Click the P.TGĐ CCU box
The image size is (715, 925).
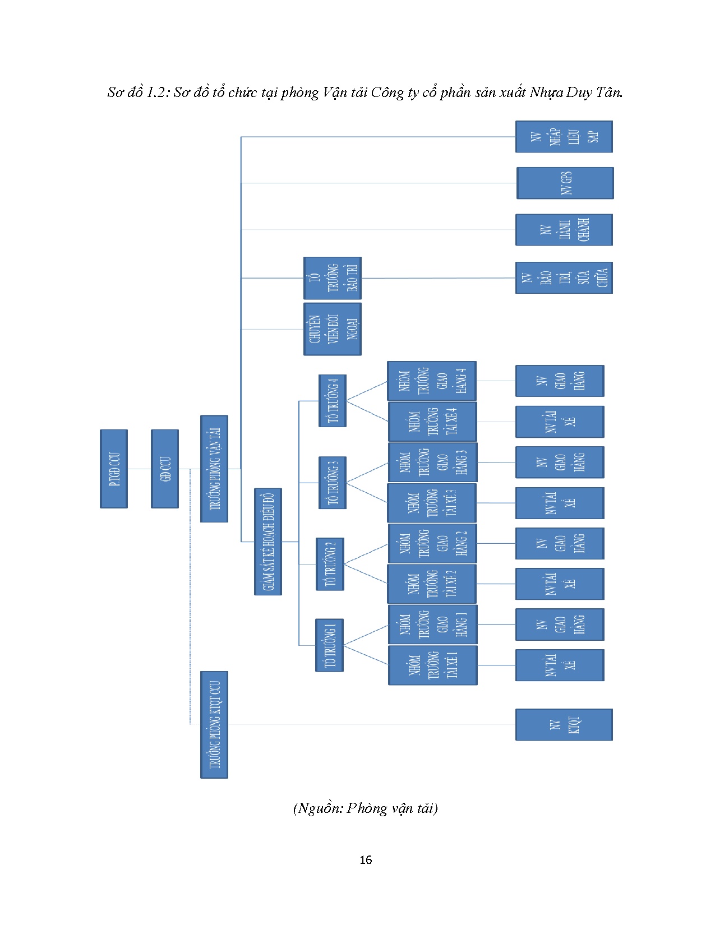pos(114,469)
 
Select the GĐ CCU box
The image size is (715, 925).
pos(165,469)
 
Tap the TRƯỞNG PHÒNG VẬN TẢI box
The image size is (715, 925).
pos(214,469)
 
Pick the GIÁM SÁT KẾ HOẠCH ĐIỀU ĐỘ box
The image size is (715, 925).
pos(268,542)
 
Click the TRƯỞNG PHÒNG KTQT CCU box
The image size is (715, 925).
pos(214,724)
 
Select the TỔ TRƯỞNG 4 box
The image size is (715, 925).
pos(333,401)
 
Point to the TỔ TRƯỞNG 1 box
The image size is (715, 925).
pos(329,645)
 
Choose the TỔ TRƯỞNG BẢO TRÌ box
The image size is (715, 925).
pos(332,278)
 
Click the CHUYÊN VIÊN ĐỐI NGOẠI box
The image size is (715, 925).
pos(332,329)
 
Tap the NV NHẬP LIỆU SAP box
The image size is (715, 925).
pos(564,137)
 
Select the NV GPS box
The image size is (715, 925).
pos(565,183)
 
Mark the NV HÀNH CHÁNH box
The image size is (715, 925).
pos(564,230)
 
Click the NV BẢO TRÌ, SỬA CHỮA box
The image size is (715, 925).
pos(564,277)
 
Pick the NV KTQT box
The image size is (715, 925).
pos(564,724)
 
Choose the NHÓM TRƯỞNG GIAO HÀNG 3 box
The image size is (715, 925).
pos(432,462)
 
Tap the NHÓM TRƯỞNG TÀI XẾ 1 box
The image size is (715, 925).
pos(432,665)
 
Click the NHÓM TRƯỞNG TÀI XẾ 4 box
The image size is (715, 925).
pos(432,422)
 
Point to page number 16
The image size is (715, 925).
pos(366,860)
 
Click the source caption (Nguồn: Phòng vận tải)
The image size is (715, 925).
pos(365,808)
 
